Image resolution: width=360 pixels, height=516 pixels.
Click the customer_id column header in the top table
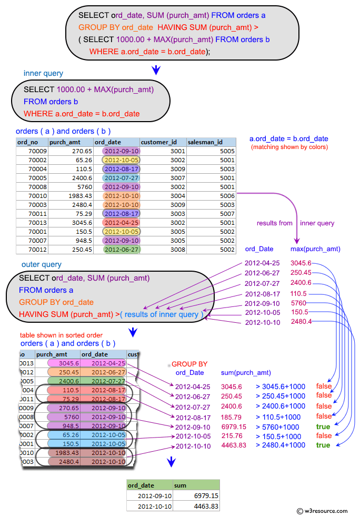[x=163, y=142]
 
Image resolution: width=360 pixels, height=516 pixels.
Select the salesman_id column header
[x=205, y=142]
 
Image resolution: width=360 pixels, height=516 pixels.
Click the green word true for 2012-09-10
[x=323, y=426]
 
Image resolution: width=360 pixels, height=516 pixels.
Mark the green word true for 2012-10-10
[x=323, y=445]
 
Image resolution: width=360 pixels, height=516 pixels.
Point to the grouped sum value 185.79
[x=232, y=416]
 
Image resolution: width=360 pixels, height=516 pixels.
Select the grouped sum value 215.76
[x=232, y=436]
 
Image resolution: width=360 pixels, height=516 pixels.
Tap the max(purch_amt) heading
[x=315, y=249]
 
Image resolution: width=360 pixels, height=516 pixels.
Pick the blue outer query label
[x=42, y=264]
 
